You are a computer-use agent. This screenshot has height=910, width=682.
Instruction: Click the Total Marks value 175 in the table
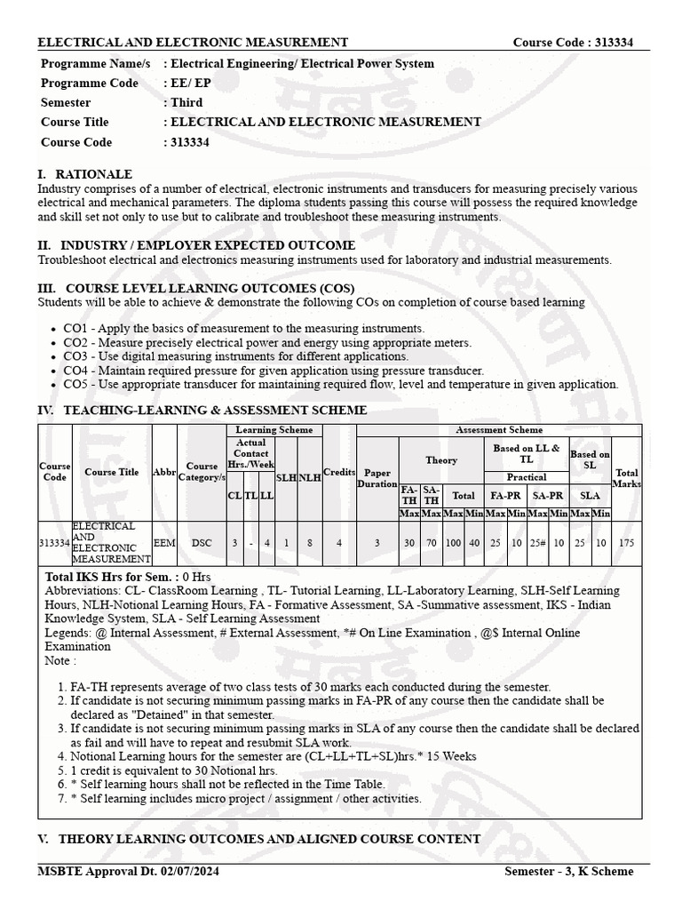(x=627, y=542)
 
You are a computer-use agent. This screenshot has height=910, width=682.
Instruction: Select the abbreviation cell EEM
(x=164, y=542)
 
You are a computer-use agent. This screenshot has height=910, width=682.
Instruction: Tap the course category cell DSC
(x=202, y=542)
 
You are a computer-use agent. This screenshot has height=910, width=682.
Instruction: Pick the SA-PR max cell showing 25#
(x=538, y=542)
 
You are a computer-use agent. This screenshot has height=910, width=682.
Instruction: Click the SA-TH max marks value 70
(x=432, y=542)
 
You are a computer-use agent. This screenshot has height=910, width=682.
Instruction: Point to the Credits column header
(x=338, y=472)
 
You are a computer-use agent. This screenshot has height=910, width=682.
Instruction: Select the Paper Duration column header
(x=377, y=478)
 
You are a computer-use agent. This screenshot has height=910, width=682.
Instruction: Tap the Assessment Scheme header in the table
(x=498, y=430)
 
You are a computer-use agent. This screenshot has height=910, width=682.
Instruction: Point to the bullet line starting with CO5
(x=340, y=384)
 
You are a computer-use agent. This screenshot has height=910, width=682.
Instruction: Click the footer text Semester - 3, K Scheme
(x=568, y=871)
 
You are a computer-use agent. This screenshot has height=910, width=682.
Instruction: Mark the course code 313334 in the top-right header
(x=608, y=43)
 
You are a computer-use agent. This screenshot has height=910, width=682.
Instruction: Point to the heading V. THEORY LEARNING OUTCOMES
(x=259, y=839)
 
